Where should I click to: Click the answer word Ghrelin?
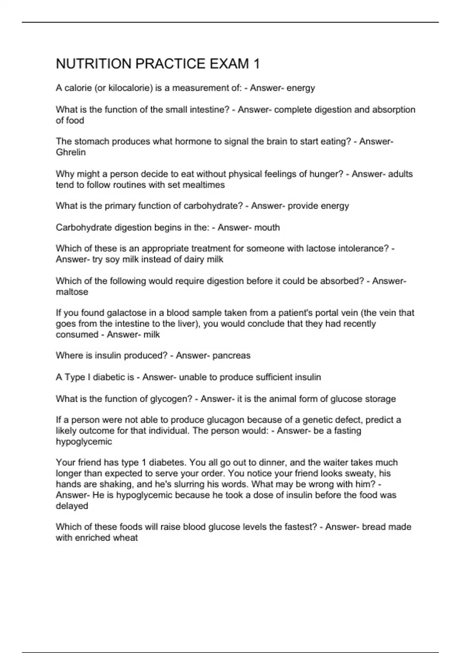[x=71, y=152]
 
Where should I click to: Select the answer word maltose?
[x=72, y=292]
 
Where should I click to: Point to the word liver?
[x=187, y=323]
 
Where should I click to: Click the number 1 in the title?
[x=256, y=64]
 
